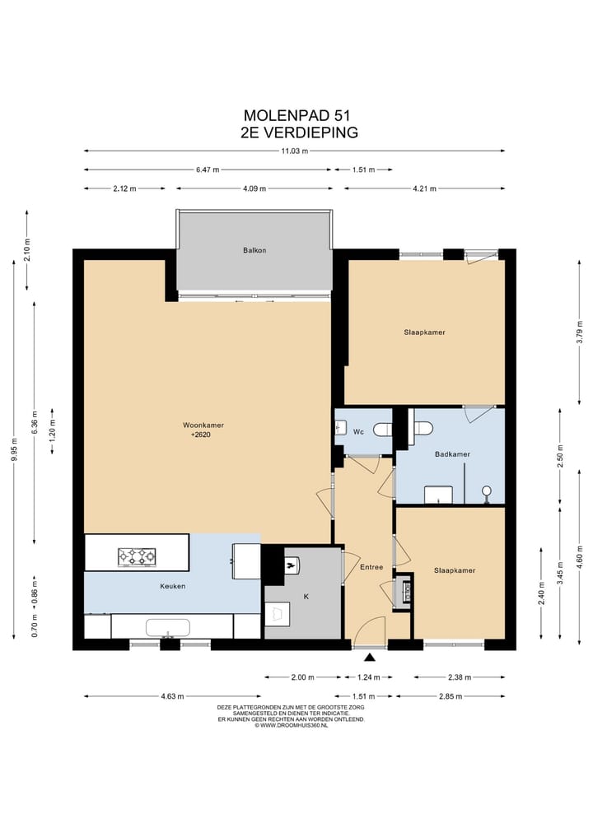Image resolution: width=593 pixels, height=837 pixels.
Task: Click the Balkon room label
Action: click(x=254, y=250)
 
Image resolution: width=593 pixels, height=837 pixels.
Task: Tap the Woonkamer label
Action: click(x=203, y=425)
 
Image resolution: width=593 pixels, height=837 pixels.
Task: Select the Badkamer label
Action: click(x=452, y=454)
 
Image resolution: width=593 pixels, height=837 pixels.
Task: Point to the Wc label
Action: click(x=358, y=431)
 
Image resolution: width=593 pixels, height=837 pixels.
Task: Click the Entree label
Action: click(x=371, y=567)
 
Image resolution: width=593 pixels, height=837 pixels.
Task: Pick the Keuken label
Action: click(x=173, y=586)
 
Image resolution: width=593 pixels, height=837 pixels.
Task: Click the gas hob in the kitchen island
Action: click(x=137, y=556)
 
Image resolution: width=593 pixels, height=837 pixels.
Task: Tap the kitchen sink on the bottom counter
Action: click(x=168, y=628)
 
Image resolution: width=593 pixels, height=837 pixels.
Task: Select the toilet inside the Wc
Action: click(x=383, y=429)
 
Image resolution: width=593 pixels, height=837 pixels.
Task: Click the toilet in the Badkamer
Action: click(x=423, y=429)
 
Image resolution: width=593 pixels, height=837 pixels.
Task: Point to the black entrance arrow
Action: click(x=370, y=658)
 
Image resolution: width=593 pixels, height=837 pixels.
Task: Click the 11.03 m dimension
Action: click(x=294, y=151)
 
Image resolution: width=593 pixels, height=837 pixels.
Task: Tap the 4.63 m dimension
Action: click(x=173, y=696)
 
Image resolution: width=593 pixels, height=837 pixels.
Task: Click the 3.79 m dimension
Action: click(x=580, y=332)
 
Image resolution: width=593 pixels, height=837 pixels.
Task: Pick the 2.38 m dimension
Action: click(x=460, y=677)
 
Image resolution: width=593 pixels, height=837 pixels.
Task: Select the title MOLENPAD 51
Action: click(x=297, y=115)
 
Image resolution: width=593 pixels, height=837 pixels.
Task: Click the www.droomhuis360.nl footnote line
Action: click(x=291, y=725)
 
